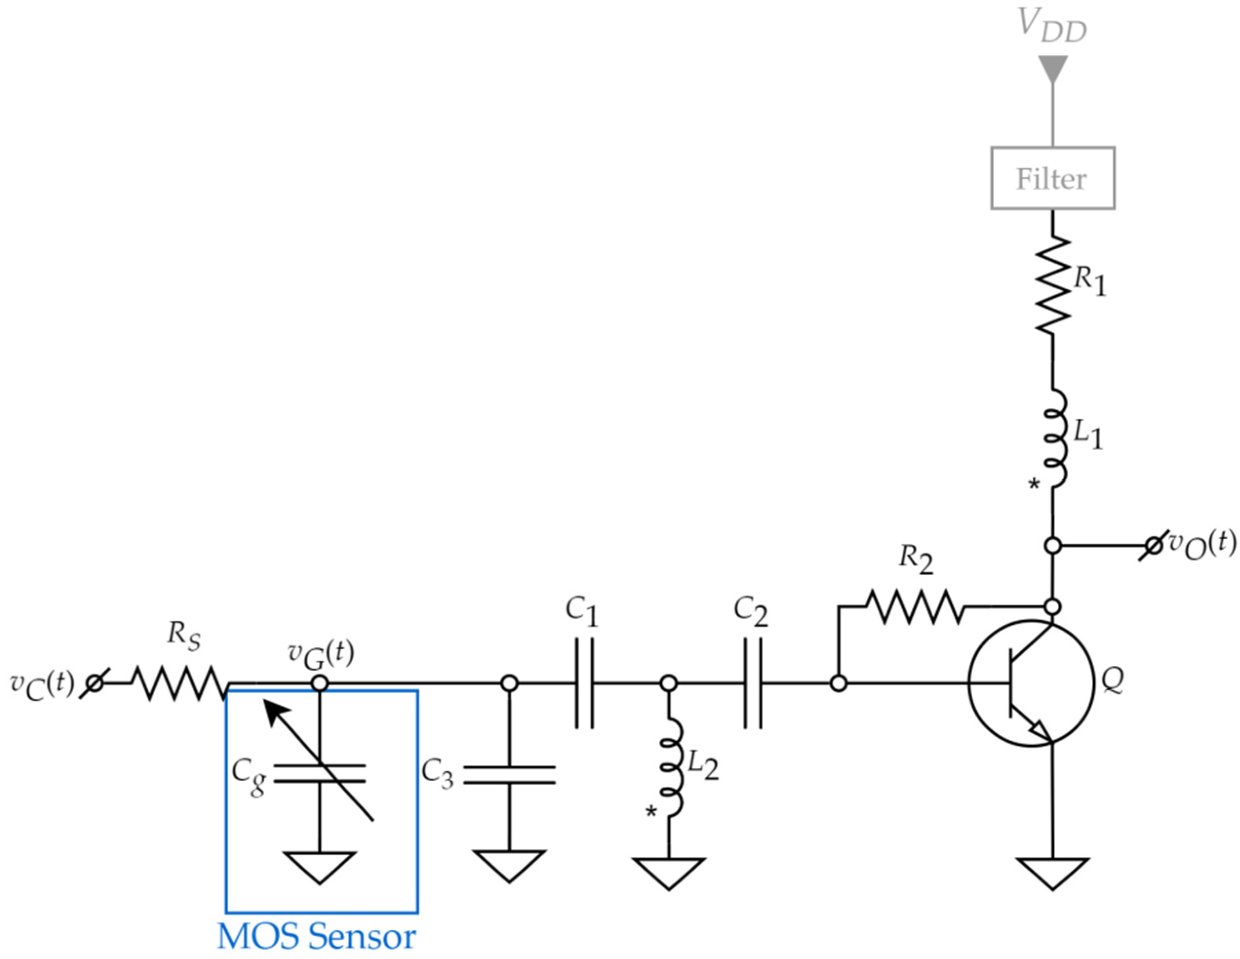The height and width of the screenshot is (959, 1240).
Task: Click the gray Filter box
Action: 1052,179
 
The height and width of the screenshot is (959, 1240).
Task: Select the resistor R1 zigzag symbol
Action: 1052,286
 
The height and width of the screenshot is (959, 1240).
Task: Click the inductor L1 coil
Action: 1054,438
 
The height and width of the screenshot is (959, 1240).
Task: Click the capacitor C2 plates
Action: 752,683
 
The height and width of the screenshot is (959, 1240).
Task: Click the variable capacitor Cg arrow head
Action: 276,712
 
